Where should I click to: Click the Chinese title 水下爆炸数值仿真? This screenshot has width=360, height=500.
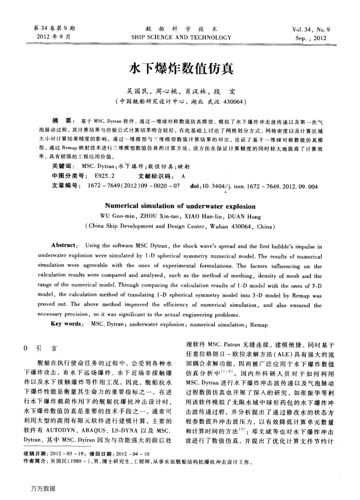click(179, 69)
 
